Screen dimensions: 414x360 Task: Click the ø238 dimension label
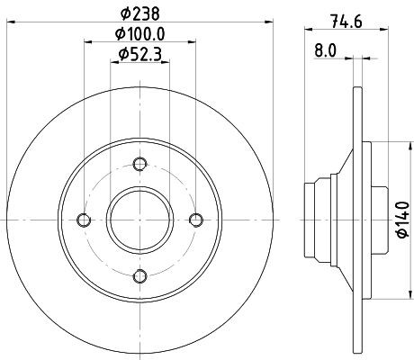[x=139, y=13]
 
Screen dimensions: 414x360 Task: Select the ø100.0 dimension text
[x=140, y=34]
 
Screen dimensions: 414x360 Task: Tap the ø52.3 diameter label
[x=140, y=54]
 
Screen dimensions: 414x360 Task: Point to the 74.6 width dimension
[x=346, y=22]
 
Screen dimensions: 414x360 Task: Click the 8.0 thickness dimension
[x=326, y=50]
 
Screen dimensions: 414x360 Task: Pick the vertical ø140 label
[x=403, y=220]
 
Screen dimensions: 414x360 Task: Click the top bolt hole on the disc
[x=139, y=164]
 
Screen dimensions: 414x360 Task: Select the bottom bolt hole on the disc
[x=139, y=276]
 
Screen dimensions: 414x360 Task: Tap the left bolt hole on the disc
[x=84, y=220]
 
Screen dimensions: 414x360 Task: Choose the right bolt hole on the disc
[x=196, y=220]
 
